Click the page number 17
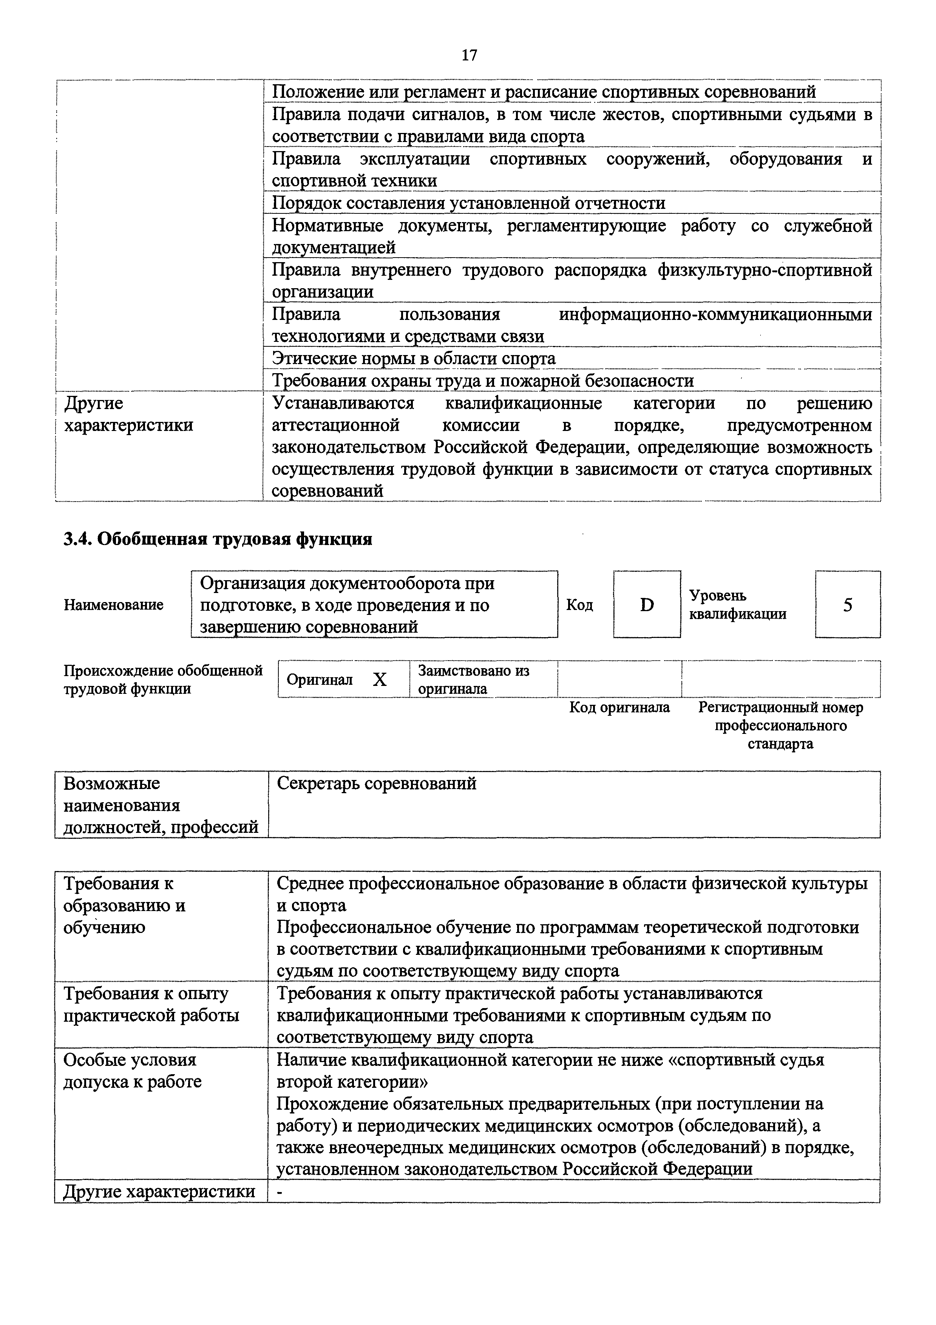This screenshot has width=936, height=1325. pyautogui.click(x=469, y=56)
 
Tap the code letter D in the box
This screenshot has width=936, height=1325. pyautogui.click(x=647, y=605)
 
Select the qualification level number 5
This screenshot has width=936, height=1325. pyautogui.click(x=847, y=605)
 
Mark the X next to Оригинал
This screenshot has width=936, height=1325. pyautogui.click(x=379, y=680)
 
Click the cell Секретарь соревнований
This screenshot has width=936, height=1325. pyautogui.click(x=377, y=784)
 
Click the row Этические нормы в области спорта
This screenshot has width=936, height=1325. pyautogui.click(x=413, y=358)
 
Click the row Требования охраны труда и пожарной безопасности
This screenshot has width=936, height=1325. pyautogui.click(x=482, y=381)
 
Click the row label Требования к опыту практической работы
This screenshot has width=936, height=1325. pyautogui.click(x=151, y=1004)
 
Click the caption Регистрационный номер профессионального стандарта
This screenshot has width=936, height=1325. pyautogui.click(x=780, y=726)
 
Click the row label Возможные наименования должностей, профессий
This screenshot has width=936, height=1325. pyautogui.click(x=161, y=806)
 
